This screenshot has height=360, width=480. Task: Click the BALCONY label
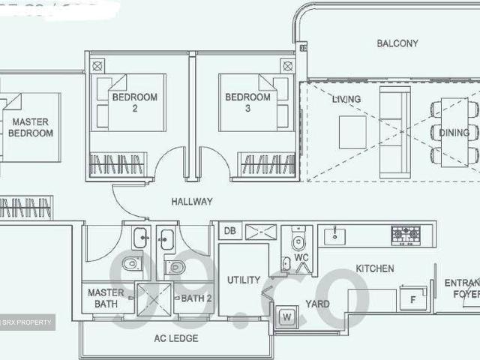coord(397,43)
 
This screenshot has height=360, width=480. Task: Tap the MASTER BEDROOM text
coord(31,127)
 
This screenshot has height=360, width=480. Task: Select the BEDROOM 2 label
coord(134,103)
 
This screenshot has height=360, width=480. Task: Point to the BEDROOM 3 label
coord(247,103)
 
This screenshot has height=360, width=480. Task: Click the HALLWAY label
coord(191,202)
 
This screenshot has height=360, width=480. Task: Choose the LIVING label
coord(346,99)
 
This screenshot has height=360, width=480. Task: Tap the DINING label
coord(454,133)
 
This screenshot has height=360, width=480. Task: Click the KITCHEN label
coord(374,268)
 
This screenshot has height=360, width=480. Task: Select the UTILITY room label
coord(244,280)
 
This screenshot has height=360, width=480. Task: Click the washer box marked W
coord(286,317)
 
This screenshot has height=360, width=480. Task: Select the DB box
coord(230,232)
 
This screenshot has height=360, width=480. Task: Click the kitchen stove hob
coord(405,235)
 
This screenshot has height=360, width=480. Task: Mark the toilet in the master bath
coord(132,263)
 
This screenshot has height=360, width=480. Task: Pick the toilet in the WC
coord(298,241)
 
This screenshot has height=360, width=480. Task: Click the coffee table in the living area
coord(352,132)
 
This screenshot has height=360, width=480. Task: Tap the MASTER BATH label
coord(106,298)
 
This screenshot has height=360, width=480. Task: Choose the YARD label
coord(317,304)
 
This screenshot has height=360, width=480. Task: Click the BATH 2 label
coord(196,298)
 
